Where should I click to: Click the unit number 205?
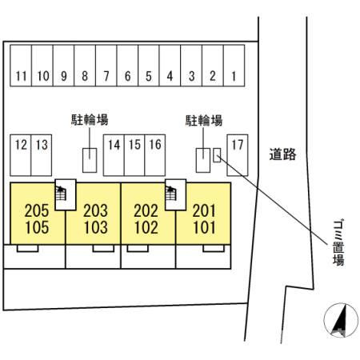pyautogui.click(x=37, y=210)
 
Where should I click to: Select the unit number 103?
pyautogui.click(x=96, y=227)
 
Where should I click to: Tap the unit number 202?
pyautogui.click(x=146, y=210)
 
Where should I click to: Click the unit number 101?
pyautogui.click(x=204, y=227)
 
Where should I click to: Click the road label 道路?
pyautogui.click(x=282, y=154)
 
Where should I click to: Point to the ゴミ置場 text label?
pyautogui.click(x=338, y=242)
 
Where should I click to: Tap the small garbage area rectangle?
pyautogui.click(x=217, y=155)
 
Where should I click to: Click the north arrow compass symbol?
pyautogui.click(x=341, y=320)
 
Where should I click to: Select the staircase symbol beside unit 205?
pyautogui.click(x=61, y=194)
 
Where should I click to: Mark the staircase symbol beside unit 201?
pyautogui.click(x=170, y=194)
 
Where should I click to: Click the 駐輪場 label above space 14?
pyautogui.click(x=90, y=120)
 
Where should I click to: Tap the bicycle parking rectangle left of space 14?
pyautogui.click(x=90, y=160)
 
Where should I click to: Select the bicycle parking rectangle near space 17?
pyautogui.click(x=203, y=160)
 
